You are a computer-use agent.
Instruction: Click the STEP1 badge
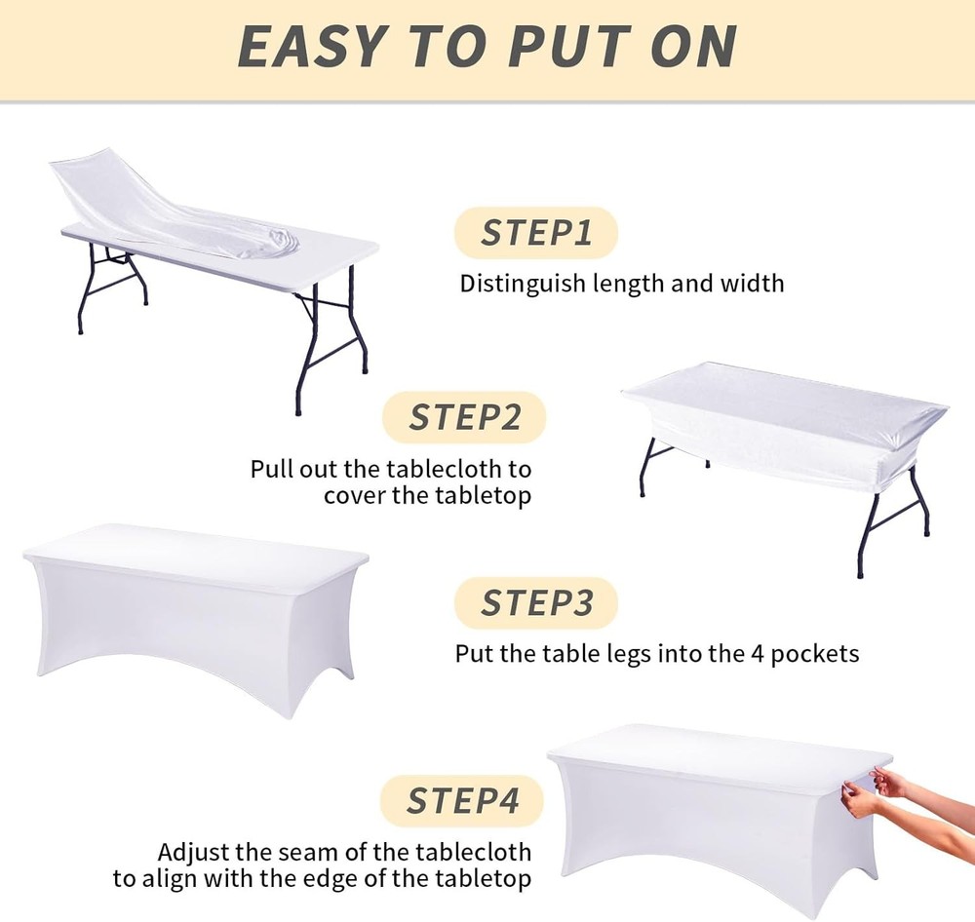[536, 234]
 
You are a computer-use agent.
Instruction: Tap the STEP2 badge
[464, 417]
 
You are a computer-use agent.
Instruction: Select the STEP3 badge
[536, 603]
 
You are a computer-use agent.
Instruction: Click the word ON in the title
[691, 47]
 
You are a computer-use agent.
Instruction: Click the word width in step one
[755, 284]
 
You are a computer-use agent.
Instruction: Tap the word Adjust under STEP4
[190, 852]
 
